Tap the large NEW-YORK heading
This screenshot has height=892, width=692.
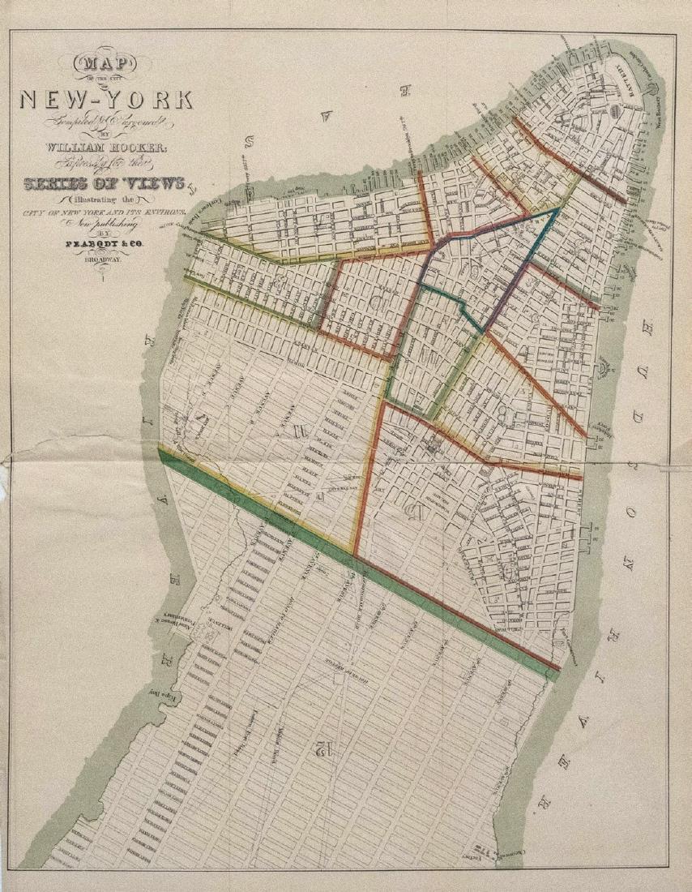click(x=106, y=100)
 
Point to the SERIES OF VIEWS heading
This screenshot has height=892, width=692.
click(x=106, y=182)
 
